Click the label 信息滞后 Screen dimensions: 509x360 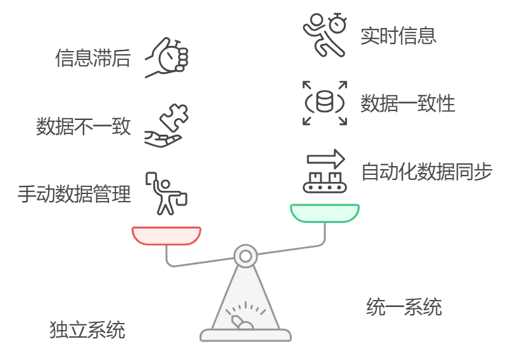(93, 58)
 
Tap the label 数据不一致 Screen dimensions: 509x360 (84, 126)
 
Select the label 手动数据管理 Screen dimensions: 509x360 (75, 193)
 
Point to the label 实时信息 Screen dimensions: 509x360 (399, 35)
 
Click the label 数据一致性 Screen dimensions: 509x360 (408, 103)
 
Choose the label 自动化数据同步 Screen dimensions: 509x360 (427, 171)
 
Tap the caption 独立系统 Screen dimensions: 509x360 (87, 330)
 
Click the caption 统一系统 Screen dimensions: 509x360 (404, 307)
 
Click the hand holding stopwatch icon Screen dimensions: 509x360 (168, 58)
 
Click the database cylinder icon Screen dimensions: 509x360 (325, 102)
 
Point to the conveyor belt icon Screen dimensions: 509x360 (324, 183)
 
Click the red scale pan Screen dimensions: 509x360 (166, 236)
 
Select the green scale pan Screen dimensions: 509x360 (325, 213)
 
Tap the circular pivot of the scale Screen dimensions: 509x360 (246, 256)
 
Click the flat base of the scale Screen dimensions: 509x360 (246, 335)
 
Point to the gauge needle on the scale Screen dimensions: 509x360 (240, 320)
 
